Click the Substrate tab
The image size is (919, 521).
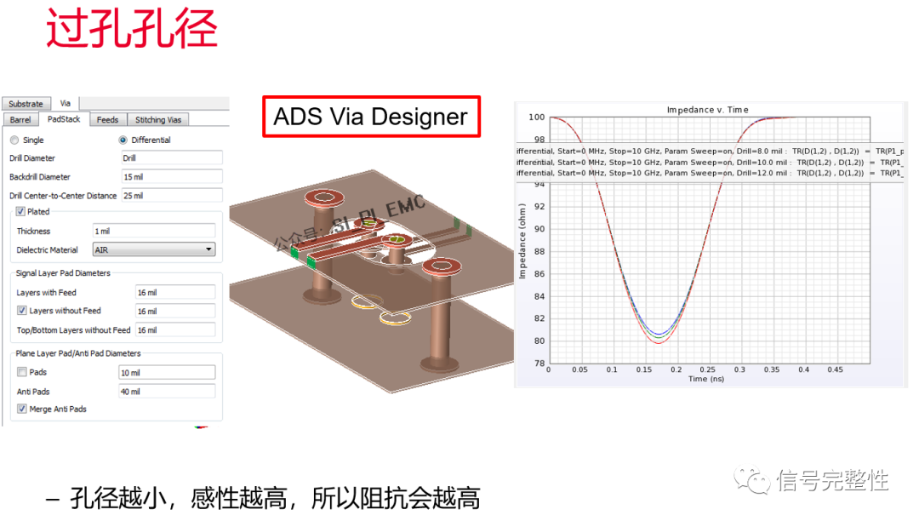point(26,104)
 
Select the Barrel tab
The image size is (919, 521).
point(20,120)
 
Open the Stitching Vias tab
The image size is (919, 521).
point(158,120)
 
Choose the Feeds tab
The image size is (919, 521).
point(107,120)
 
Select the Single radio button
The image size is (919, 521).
point(14,140)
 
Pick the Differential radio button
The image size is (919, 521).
point(123,140)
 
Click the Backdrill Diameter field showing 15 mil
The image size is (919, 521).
point(172,177)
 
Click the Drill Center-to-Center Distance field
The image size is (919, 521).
point(172,196)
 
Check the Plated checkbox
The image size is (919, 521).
point(21,212)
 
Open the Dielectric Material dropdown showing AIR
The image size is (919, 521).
point(153,250)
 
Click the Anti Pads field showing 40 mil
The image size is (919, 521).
point(166,392)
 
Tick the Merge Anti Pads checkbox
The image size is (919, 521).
point(21,409)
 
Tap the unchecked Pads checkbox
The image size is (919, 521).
point(21,372)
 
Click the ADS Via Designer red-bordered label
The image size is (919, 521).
point(371,117)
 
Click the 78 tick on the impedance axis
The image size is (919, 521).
point(539,364)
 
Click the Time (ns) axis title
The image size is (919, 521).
point(706,379)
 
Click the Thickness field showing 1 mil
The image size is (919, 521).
point(153,232)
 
